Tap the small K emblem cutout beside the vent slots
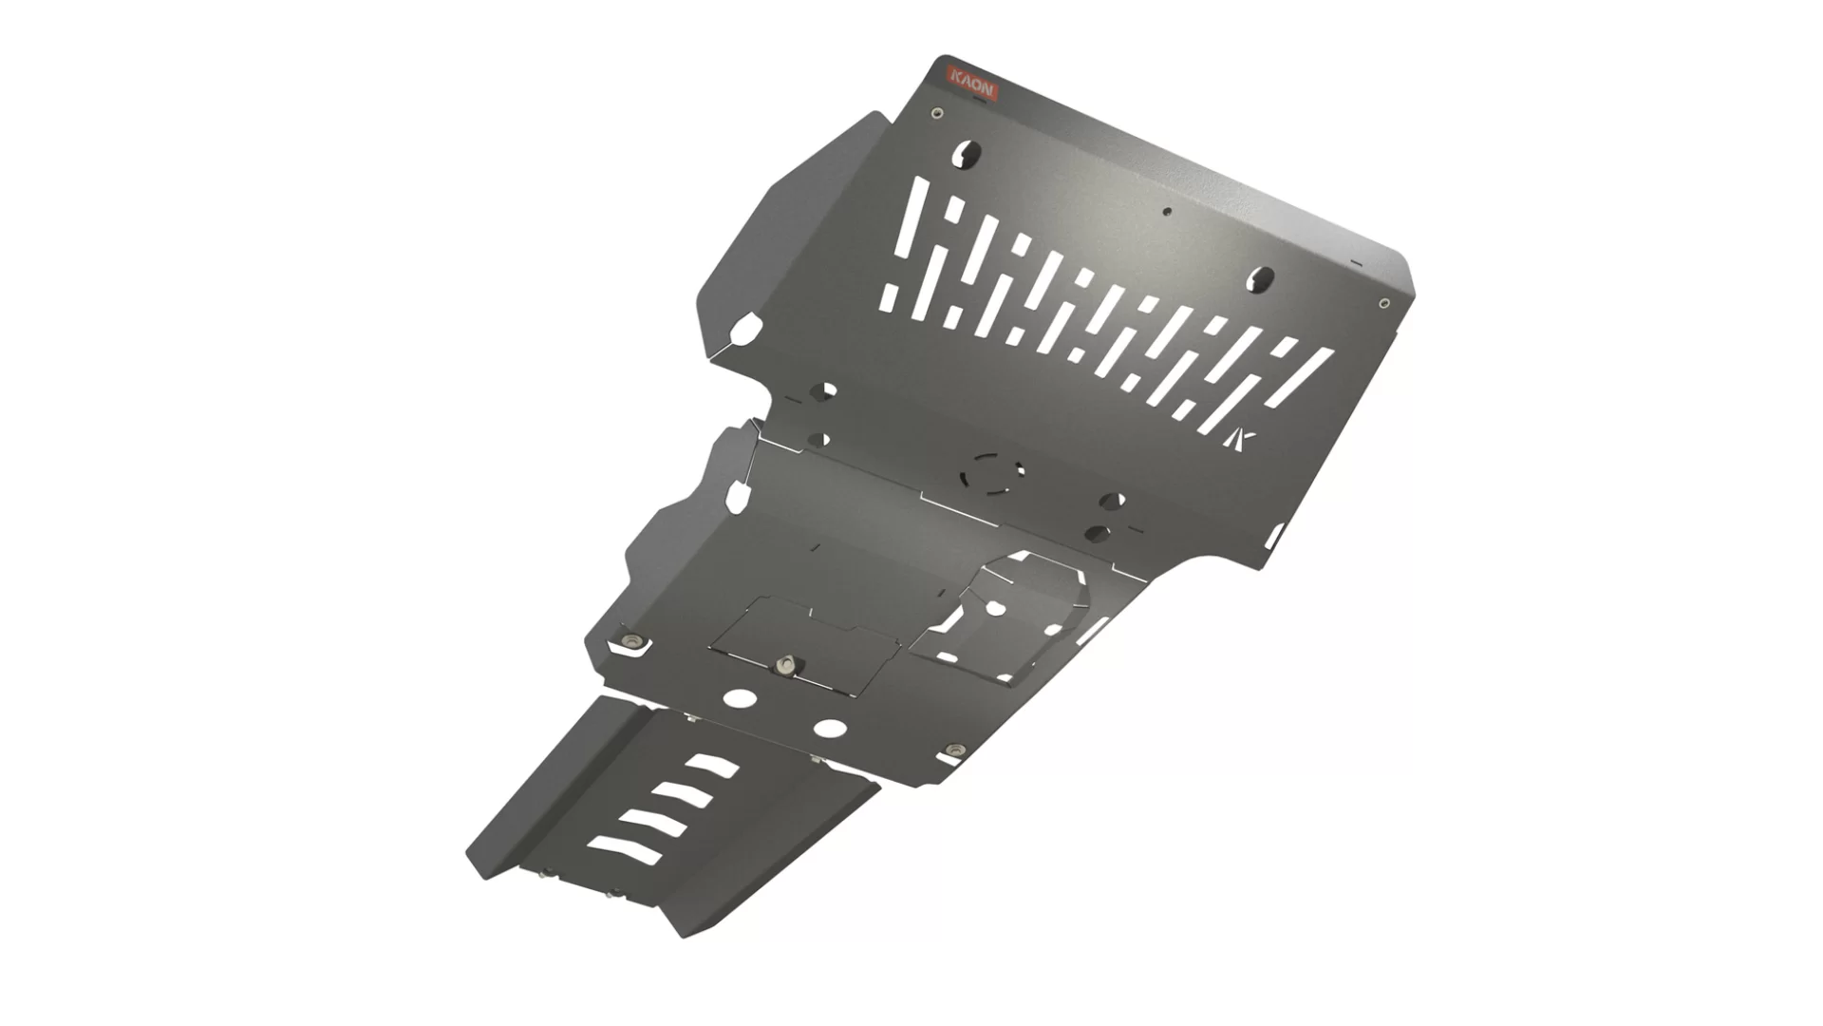coord(1242,440)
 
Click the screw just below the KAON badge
coord(938,114)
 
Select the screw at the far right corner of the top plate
coord(1383,304)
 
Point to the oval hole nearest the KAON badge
coord(969,152)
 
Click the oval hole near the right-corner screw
coord(1262,278)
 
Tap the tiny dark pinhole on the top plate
coord(1169,213)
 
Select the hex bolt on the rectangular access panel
coord(784,664)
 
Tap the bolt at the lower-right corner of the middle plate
coord(954,751)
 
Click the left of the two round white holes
coord(736,698)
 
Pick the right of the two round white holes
coord(830,729)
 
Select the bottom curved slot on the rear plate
coord(624,848)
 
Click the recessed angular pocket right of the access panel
coord(1006,617)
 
